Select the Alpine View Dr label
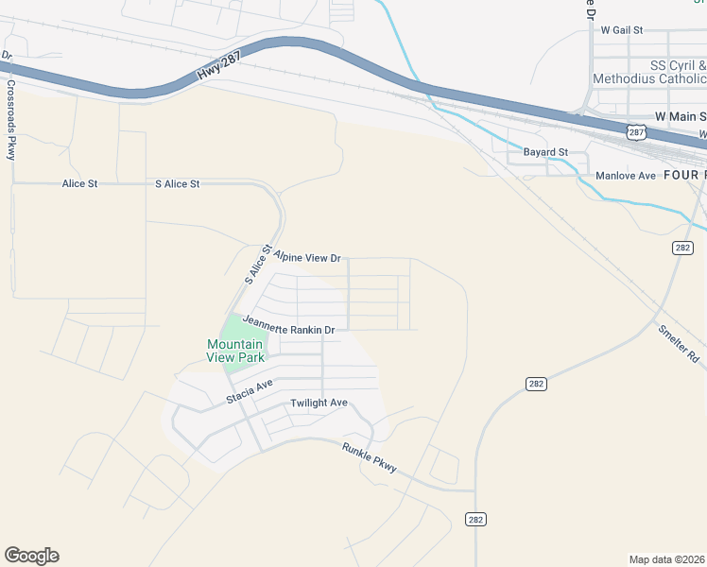pyautogui.click(x=307, y=256)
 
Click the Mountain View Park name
pyautogui.click(x=235, y=352)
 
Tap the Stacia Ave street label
pyautogui.click(x=250, y=392)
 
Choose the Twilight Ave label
pyautogui.click(x=319, y=403)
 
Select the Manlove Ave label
pyautogui.click(x=625, y=176)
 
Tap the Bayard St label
pyautogui.click(x=545, y=151)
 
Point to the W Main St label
pyautogui.click(x=680, y=115)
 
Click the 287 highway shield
pyautogui.click(x=636, y=132)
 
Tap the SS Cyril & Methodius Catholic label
pyautogui.click(x=649, y=72)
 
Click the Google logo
pyautogui.click(x=31, y=556)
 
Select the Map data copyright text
pyautogui.click(x=666, y=558)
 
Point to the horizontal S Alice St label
pyautogui.click(x=177, y=183)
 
